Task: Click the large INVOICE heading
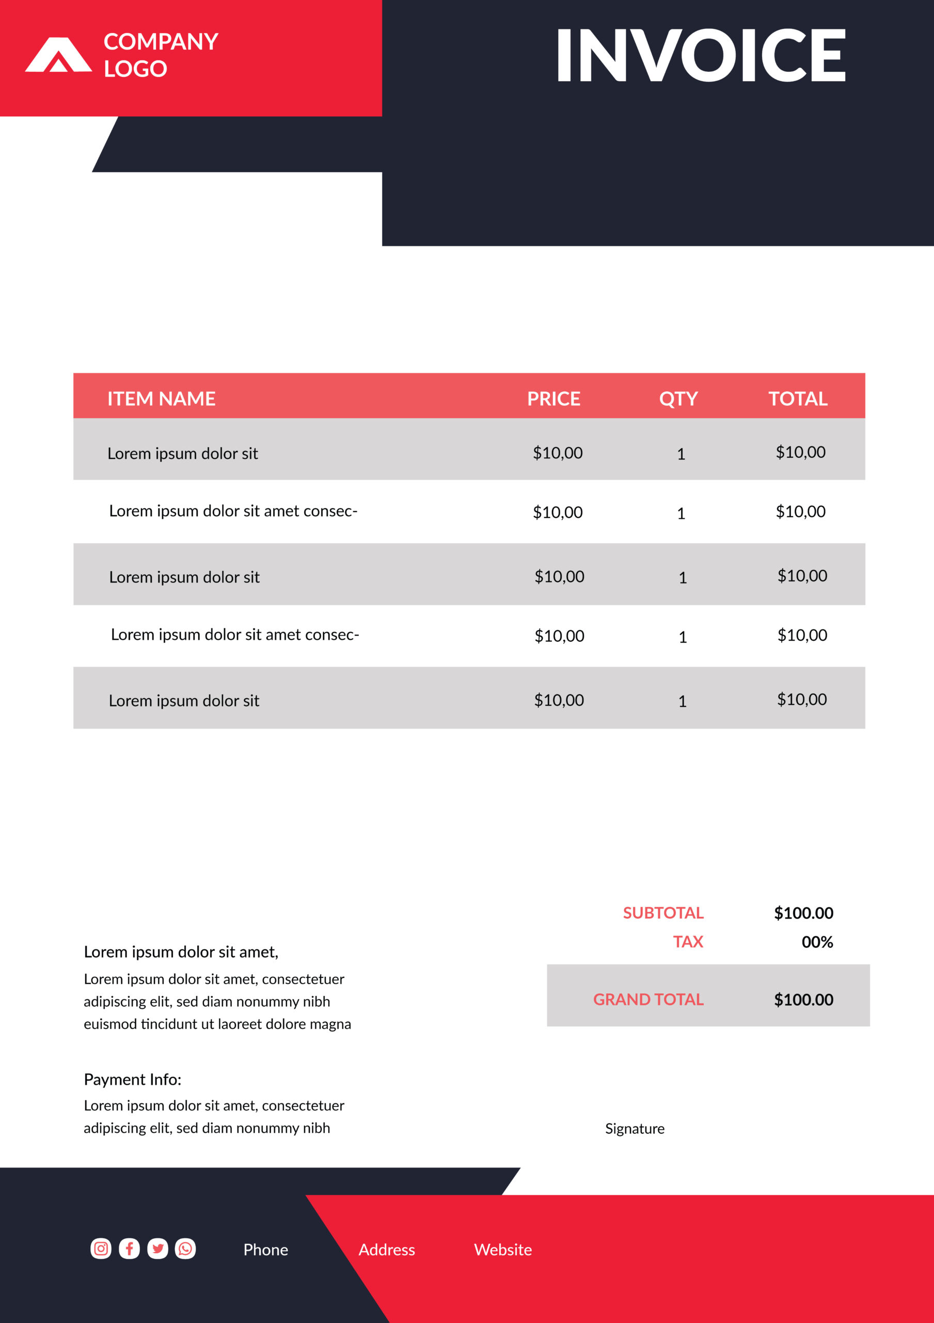pyautogui.click(x=700, y=55)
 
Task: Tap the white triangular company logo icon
pyautogui.click(x=58, y=56)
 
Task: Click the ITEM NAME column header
pyautogui.click(x=161, y=399)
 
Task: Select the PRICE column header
pyautogui.click(x=553, y=399)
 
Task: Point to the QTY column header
pyautogui.click(x=678, y=399)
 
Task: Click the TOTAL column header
pyautogui.click(x=798, y=399)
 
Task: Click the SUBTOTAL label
pyautogui.click(x=663, y=913)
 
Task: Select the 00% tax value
pyautogui.click(x=817, y=942)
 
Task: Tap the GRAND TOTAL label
pyautogui.click(x=648, y=999)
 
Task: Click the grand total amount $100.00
pyautogui.click(x=803, y=999)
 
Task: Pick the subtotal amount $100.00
pyautogui.click(x=803, y=913)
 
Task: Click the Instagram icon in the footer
pyautogui.click(x=101, y=1249)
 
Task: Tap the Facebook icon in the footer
pyautogui.click(x=129, y=1249)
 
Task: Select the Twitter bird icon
pyautogui.click(x=157, y=1249)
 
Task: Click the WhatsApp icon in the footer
pyautogui.click(x=185, y=1249)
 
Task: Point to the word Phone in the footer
pyautogui.click(x=265, y=1250)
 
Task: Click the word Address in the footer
pyautogui.click(x=386, y=1250)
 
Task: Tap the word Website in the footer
pyautogui.click(x=503, y=1250)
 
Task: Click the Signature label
pyautogui.click(x=635, y=1129)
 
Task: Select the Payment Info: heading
pyautogui.click(x=133, y=1080)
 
